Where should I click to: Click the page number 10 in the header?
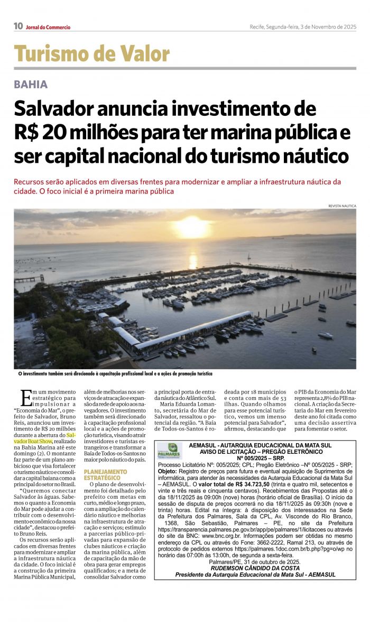click(18, 26)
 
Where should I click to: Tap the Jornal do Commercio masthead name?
click(48, 27)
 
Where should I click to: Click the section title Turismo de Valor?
click(92, 54)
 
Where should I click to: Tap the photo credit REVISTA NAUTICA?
click(342, 206)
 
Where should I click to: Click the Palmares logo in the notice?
click(169, 451)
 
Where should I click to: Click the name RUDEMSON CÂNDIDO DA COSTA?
click(255, 568)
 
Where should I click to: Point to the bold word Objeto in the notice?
click(169, 470)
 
